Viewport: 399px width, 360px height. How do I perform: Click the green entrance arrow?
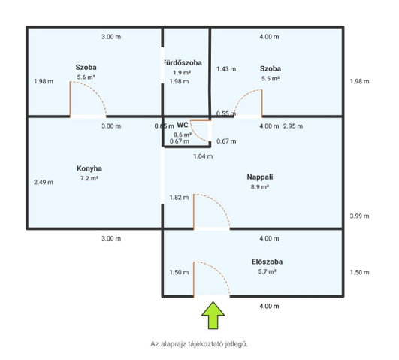pyautogui.click(x=213, y=315)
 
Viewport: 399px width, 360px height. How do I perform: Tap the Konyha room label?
pyautogui.click(x=89, y=168)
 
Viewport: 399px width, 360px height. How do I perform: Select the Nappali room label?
pyautogui.click(x=260, y=177)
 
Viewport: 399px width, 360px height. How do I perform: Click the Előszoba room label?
pyautogui.click(x=268, y=262)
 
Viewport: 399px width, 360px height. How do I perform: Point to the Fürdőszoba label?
pyautogui.click(x=183, y=63)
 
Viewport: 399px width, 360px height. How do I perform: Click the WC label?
pyautogui.click(x=183, y=125)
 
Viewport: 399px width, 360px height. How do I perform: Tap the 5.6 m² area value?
pyautogui.click(x=86, y=77)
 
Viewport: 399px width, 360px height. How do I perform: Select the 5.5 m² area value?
pyautogui.click(x=271, y=79)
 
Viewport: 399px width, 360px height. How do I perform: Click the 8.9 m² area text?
pyautogui.click(x=260, y=187)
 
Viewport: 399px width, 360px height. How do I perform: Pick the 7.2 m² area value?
pyautogui.click(x=89, y=178)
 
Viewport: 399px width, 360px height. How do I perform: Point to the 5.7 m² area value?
pyautogui.click(x=268, y=271)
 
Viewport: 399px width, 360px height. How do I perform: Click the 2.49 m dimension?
pyautogui.click(x=44, y=183)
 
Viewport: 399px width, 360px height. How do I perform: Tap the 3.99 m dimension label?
pyautogui.click(x=359, y=216)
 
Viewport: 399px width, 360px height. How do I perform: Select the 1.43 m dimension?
pyautogui.click(x=226, y=69)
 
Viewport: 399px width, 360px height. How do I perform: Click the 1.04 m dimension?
pyautogui.click(x=203, y=156)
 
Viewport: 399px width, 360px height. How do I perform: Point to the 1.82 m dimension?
pyautogui.click(x=179, y=198)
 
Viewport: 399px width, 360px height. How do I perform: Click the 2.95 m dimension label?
pyautogui.click(x=293, y=126)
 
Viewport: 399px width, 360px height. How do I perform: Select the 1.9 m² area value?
pyautogui.click(x=182, y=73)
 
